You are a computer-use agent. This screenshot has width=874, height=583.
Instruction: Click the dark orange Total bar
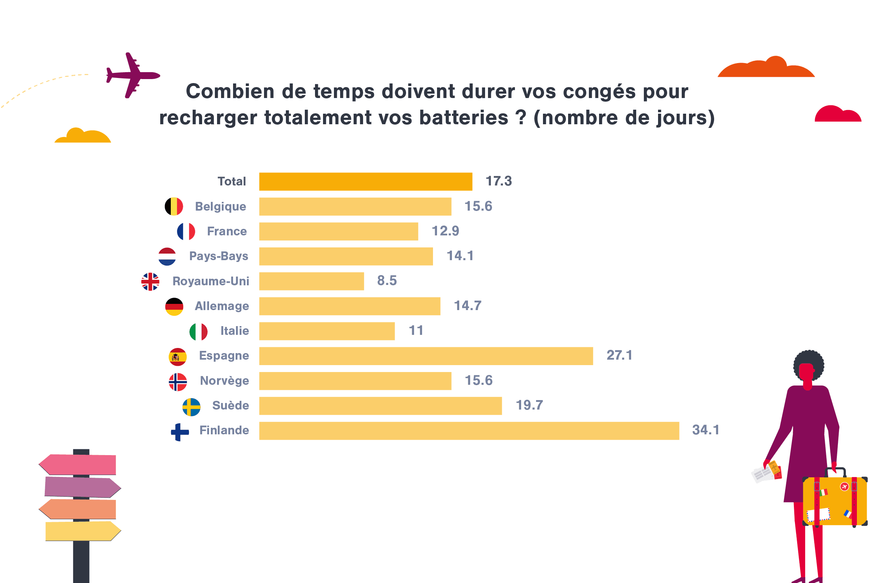point(366,181)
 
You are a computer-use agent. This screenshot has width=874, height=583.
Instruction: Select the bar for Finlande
point(469,431)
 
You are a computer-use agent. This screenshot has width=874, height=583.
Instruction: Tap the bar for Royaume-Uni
point(311,281)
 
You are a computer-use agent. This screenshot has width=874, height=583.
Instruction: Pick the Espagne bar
point(426,356)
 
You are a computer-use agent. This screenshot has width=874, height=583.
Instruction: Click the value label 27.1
point(619,355)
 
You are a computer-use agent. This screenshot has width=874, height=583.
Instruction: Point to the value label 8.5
point(387,280)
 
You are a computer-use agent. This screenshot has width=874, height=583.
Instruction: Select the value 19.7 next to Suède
point(529,405)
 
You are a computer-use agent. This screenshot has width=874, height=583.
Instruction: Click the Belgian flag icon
point(174,206)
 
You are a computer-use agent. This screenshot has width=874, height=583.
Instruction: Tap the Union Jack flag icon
point(150,281)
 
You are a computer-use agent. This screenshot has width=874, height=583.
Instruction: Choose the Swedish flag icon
point(192,407)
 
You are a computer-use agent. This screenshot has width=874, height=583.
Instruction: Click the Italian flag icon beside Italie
point(198,332)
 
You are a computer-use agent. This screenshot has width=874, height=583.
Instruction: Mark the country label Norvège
point(224,380)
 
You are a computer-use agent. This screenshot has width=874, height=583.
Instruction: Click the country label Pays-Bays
point(219,256)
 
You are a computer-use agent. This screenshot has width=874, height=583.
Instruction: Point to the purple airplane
point(133,75)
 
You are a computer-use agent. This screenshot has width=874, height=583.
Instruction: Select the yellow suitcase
point(835,501)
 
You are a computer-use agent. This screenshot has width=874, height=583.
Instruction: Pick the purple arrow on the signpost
point(83,487)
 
